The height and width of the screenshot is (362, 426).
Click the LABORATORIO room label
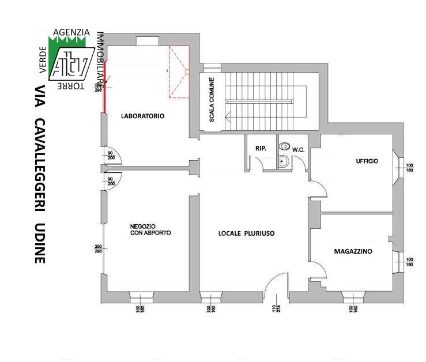[x=142, y=116]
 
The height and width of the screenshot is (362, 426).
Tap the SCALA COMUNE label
[x=212, y=100]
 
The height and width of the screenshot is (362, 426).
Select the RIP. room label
[x=260, y=149]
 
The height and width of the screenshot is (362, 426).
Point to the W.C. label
[x=298, y=150]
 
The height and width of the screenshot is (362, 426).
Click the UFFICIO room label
[x=367, y=161]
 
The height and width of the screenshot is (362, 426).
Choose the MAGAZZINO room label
[x=353, y=251]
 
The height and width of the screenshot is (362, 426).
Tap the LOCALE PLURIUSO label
[x=246, y=233]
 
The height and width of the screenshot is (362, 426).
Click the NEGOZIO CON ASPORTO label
[x=150, y=229]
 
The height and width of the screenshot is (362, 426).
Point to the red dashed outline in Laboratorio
[x=179, y=72]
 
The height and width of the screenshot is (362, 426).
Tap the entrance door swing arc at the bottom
[x=276, y=282]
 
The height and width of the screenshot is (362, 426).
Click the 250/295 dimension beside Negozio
[x=98, y=248]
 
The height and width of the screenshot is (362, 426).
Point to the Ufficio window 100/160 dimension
[x=410, y=168]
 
